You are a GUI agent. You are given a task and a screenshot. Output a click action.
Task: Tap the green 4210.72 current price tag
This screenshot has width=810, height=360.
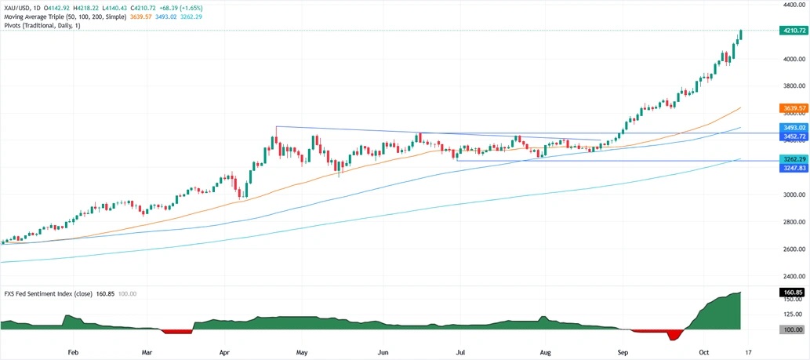tap(794, 31)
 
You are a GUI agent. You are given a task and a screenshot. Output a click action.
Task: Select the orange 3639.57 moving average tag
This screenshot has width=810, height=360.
tap(794, 107)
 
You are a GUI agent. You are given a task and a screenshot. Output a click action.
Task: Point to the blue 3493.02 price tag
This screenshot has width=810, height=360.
tap(794, 127)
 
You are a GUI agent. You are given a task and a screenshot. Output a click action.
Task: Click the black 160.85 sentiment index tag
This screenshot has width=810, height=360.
tap(794, 292)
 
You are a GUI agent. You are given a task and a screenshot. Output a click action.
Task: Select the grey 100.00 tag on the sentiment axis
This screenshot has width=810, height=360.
tap(794, 329)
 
